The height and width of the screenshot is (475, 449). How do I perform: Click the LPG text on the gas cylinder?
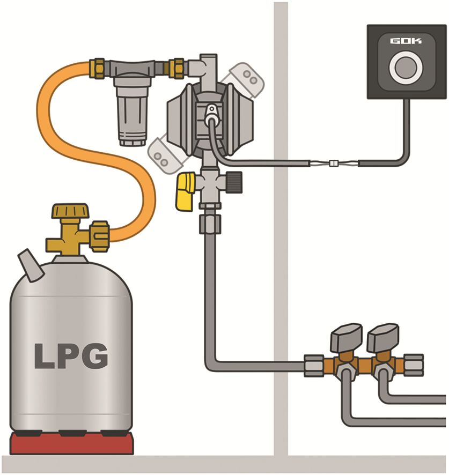click(x=71, y=355)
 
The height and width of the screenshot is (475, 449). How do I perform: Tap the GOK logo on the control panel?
click(x=406, y=41)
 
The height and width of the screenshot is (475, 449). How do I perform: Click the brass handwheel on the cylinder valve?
click(x=71, y=211)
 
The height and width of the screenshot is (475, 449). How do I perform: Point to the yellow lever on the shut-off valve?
click(x=185, y=191)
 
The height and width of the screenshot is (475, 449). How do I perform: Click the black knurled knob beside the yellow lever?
click(x=234, y=182)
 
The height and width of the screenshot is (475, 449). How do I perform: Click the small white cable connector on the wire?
click(x=333, y=164)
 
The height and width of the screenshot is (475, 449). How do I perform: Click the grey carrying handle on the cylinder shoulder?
click(x=31, y=266)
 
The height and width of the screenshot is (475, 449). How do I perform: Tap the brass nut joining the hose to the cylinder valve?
click(x=100, y=236)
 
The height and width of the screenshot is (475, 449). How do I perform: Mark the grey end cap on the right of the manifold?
click(x=414, y=365)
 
